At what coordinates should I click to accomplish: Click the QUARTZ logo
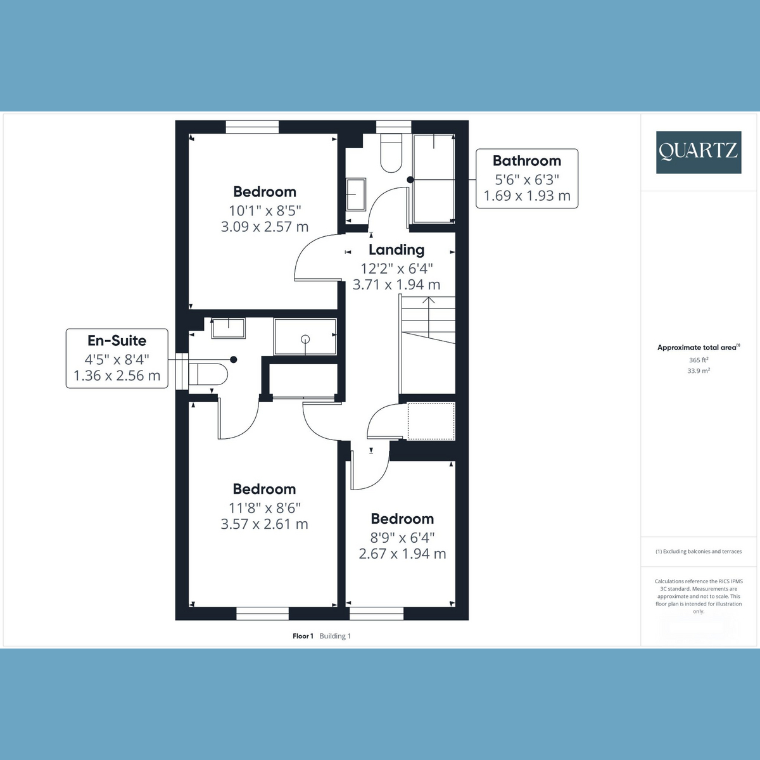pos(699,152)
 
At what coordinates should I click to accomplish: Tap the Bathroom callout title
pos(527,161)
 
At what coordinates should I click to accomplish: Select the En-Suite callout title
pos(117,340)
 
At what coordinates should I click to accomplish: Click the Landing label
pos(396,250)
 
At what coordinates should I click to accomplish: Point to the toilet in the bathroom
pos(391,153)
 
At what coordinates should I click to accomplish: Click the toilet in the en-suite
pos(208,374)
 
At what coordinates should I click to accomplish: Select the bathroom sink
pos(356,194)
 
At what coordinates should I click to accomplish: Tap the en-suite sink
pos(229,328)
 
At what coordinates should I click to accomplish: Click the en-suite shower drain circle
pos(305,339)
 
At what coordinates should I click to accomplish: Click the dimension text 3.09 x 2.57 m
pos(264,227)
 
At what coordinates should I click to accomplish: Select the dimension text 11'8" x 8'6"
pos(265,507)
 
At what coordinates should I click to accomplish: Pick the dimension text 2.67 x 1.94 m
pos(402,554)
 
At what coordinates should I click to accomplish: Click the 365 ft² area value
pos(699,360)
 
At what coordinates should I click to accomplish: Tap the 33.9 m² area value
pos(699,370)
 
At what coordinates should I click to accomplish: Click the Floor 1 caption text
pos(303,636)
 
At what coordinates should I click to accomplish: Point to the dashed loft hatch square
pos(431,421)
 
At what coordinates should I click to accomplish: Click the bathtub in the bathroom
pos(434,179)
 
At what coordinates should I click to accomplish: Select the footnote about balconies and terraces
pos(699,552)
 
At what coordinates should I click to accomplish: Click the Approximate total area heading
pos(699,348)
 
